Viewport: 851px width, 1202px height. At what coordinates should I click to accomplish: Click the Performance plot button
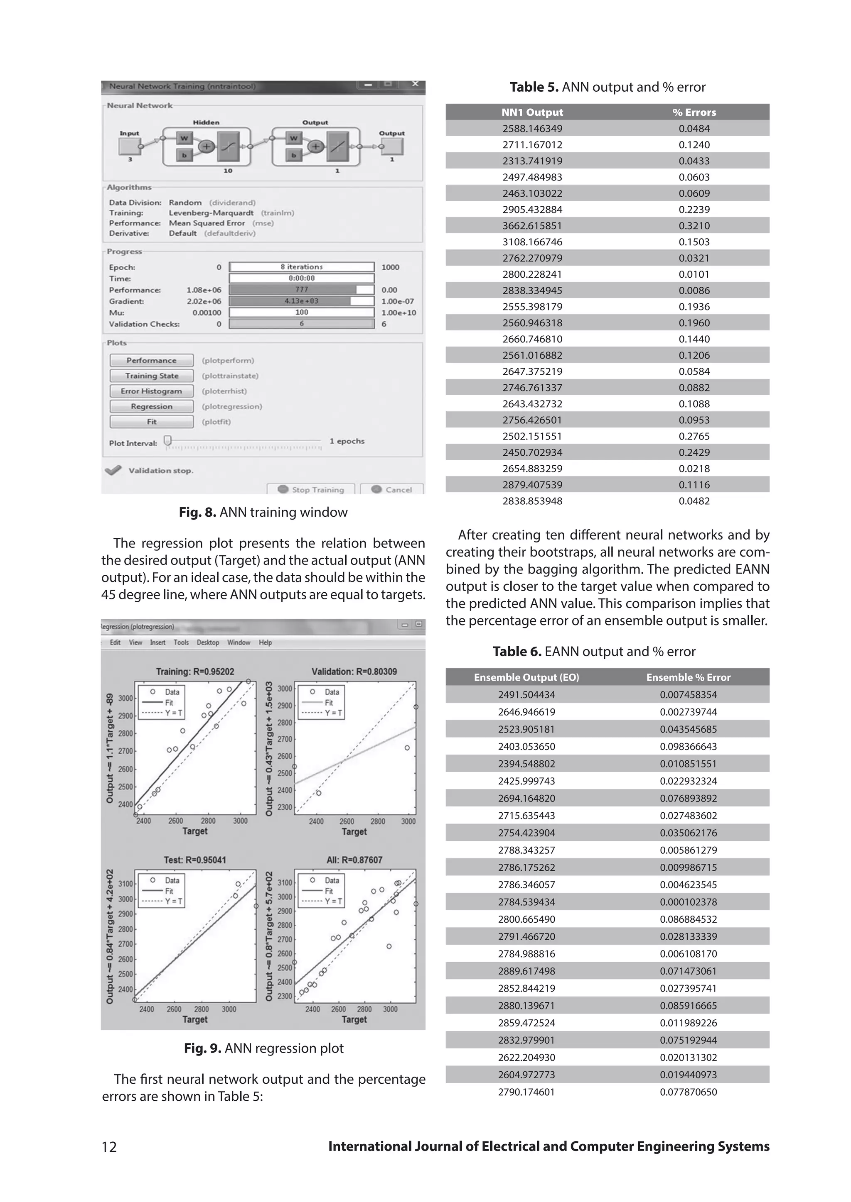pyautogui.click(x=151, y=360)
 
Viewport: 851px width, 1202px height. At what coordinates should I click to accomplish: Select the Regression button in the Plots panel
pyautogui.click(x=151, y=406)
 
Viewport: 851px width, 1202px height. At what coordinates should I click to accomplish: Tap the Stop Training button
pyautogui.click(x=311, y=489)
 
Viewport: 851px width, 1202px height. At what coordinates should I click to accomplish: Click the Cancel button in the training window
pyautogui.click(x=392, y=489)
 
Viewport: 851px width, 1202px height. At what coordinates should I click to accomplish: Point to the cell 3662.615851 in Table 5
pyautogui.click(x=532, y=226)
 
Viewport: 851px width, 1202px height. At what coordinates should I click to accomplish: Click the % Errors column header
pyautogui.click(x=694, y=112)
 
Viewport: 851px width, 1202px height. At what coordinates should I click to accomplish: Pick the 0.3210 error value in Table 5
pyautogui.click(x=694, y=226)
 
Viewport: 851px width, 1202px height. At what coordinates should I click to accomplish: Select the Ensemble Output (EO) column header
pyautogui.click(x=526, y=677)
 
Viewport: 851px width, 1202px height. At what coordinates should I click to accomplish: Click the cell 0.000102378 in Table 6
pyautogui.click(x=688, y=902)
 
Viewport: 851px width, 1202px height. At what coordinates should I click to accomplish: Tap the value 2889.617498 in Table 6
pyautogui.click(x=526, y=971)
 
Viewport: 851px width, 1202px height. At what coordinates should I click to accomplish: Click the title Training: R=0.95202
pyautogui.click(x=195, y=672)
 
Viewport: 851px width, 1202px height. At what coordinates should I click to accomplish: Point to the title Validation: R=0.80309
pyautogui.click(x=354, y=672)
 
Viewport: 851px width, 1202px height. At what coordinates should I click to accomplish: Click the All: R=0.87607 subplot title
pyautogui.click(x=354, y=860)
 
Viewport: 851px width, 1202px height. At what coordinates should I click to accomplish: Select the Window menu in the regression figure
pyautogui.click(x=239, y=643)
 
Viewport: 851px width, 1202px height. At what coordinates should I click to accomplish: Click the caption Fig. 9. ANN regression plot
pyautogui.click(x=263, y=1048)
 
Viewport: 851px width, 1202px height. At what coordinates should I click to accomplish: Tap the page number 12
pyautogui.click(x=109, y=1147)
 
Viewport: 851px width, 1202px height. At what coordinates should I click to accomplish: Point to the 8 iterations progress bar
pyautogui.click(x=302, y=267)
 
